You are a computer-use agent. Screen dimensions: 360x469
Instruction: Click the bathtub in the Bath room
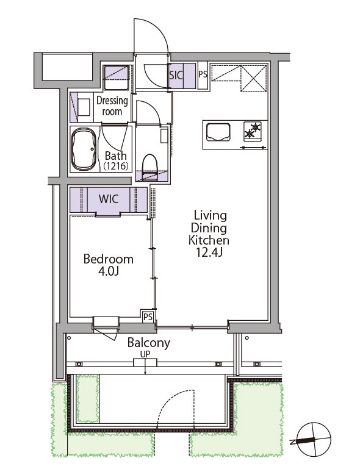click(x=84, y=149)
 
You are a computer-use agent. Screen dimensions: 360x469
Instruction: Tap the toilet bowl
click(x=149, y=167)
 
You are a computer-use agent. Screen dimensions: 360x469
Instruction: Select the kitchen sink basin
click(x=218, y=132)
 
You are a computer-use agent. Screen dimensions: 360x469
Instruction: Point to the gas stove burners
click(x=252, y=131)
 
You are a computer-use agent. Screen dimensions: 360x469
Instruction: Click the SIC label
click(x=176, y=75)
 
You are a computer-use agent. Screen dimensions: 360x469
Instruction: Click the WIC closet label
click(x=109, y=199)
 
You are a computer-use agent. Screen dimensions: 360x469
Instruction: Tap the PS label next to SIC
click(x=203, y=74)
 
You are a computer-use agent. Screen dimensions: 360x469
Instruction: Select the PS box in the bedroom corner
click(x=148, y=317)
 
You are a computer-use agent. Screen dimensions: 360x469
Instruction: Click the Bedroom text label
click(x=109, y=259)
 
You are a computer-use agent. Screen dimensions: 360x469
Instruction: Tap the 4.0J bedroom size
click(x=109, y=271)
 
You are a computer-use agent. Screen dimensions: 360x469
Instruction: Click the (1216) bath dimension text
click(x=116, y=166)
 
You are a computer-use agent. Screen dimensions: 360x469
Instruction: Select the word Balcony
click(x=149, y=343)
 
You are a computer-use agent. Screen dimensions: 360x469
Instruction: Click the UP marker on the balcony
click(x=145, y=354)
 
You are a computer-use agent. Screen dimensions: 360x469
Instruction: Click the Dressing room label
click(x=112, y=106)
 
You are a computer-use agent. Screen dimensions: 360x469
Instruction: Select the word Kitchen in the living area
click(x=209, y=240)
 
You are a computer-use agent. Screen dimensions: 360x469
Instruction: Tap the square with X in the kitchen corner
click(x=253, y=78)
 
